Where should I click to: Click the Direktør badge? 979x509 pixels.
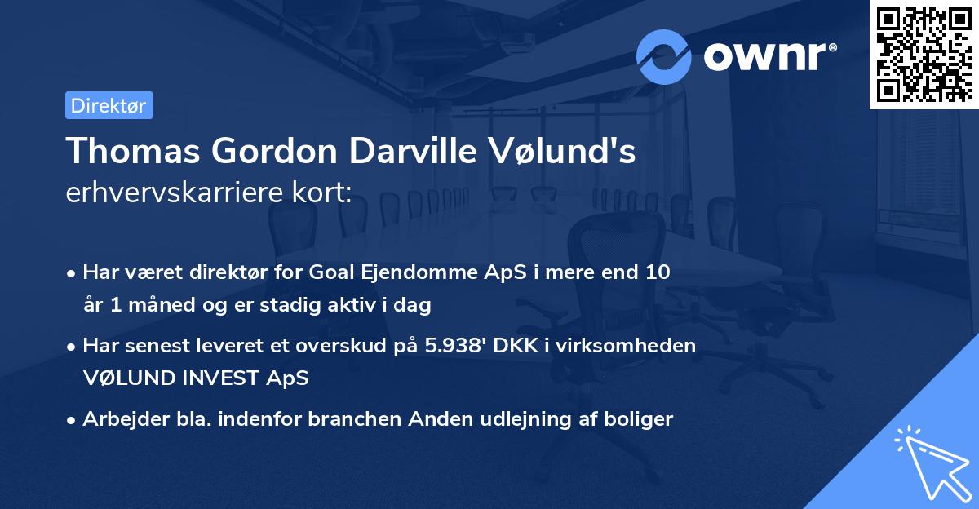coord(109,105)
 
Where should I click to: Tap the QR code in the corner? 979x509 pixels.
coord(924,55)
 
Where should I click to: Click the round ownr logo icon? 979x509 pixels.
coord(664,57)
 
